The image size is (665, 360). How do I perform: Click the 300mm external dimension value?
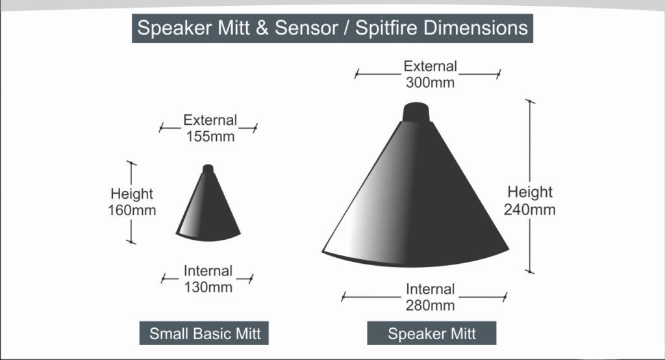[430, 83]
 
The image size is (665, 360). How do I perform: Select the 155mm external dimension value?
[210, 136]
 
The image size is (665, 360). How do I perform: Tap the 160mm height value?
[132, 211]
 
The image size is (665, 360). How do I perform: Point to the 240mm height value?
[530, 209]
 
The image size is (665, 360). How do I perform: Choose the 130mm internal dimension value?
[208, 287]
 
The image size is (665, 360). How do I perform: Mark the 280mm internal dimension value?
[430, 305]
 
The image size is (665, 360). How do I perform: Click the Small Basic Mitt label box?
[205, 334]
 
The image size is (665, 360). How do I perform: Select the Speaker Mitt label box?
[432, 334]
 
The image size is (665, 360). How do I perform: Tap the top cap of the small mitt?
[208, 170]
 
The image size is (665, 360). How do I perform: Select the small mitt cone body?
[208, 208]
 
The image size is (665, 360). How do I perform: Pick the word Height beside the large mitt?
[530, 192]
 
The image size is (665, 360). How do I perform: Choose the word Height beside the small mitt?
[132, 194]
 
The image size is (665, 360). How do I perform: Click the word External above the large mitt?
[430, 66]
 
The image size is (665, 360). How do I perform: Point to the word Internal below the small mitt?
[208, 271]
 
